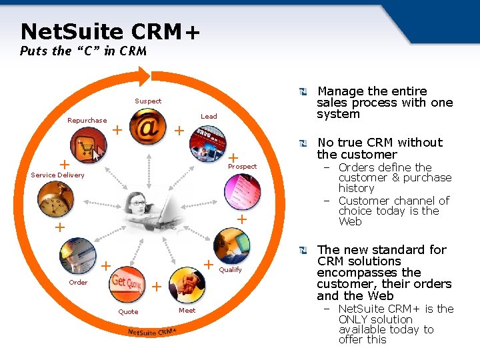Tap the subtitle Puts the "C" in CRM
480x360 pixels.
point(83,51)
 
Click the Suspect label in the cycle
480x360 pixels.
point(148,101)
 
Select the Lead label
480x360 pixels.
point(209,117)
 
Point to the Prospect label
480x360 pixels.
point(242,167)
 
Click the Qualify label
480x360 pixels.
point(231,270)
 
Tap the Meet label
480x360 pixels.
point(187,311)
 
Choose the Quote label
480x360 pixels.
point(128,312)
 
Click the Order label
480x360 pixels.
point(78,283)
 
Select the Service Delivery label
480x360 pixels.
point(58,175)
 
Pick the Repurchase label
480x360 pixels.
point(87,121)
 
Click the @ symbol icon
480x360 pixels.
point(148,127)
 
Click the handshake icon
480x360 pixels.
point(187,284)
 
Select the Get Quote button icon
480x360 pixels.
point(127,281)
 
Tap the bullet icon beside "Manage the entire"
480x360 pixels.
point(304,91)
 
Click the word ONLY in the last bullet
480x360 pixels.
point(354,319)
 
